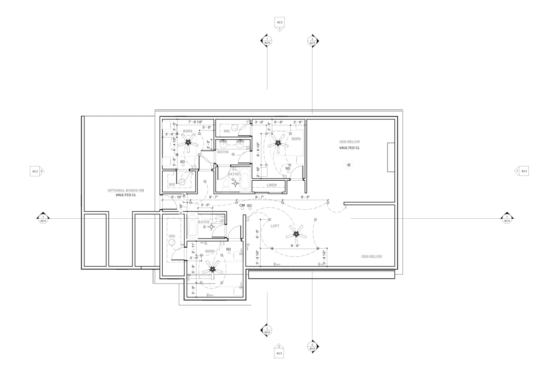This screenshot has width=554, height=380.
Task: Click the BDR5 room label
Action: click(187, 131)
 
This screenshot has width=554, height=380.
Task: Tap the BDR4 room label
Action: click(296, 139)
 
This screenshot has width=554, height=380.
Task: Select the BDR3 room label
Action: click(210, 251)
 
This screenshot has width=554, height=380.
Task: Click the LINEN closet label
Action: click(271, 185)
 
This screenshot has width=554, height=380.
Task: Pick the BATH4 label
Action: click(223, 152)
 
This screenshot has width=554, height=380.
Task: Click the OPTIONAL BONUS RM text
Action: click(126, 190)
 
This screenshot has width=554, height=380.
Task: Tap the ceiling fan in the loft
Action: click(296, 234)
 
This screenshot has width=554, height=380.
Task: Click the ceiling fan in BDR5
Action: click(189, 142)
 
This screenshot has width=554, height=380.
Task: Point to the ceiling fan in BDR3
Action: click(213, 269)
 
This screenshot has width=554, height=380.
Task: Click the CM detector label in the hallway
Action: click(242, 205)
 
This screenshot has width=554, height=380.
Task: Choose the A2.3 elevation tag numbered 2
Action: click(279, 351)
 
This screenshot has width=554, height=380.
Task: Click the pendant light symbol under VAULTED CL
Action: click(348, 165)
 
